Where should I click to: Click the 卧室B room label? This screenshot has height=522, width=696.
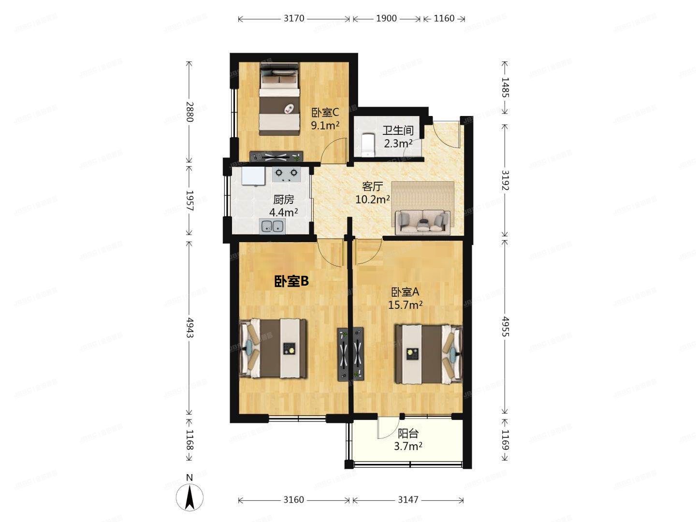291,281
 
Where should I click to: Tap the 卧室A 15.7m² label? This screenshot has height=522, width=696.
406,298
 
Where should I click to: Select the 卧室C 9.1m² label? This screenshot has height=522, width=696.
325,119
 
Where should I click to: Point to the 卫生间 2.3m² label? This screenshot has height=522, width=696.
398,137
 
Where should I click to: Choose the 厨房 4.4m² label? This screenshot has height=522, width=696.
283,205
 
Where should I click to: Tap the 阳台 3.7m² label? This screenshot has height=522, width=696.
408,440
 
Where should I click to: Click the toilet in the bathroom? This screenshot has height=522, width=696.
368,145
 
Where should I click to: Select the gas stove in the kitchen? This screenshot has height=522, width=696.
286,174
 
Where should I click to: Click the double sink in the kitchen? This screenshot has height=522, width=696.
272,226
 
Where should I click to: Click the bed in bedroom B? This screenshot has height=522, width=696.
274,348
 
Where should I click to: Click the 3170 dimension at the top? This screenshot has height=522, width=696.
293,18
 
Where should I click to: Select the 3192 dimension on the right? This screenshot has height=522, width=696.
505,180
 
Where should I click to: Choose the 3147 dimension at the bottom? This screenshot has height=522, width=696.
408,499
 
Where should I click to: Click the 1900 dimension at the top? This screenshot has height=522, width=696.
386,18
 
